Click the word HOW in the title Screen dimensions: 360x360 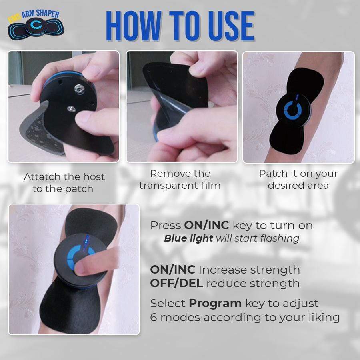pyautogui.click(x=134, y=26)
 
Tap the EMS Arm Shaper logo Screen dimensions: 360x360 pyautogui.click(x=36, y=24)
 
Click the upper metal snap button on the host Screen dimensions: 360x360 pyautogui.click(x=79, y=89)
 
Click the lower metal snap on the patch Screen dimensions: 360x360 pyautogui.click(x=72, y=109)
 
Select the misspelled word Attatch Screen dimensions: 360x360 pyautogui.click(x=42, y=177)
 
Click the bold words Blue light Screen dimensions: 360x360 pyautogui.click(x=188, y=238)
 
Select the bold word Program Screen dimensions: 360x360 pyautogui.click(x=215, y=304)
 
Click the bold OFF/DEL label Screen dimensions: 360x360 pyautogui.click(x=176, y=283)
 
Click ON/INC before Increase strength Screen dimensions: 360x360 pyautogui.click(x=173, y=270)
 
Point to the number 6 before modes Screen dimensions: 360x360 pyautogui.click(x=153, y=318)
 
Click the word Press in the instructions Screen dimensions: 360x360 pyautogui.click(x=166, y=226)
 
